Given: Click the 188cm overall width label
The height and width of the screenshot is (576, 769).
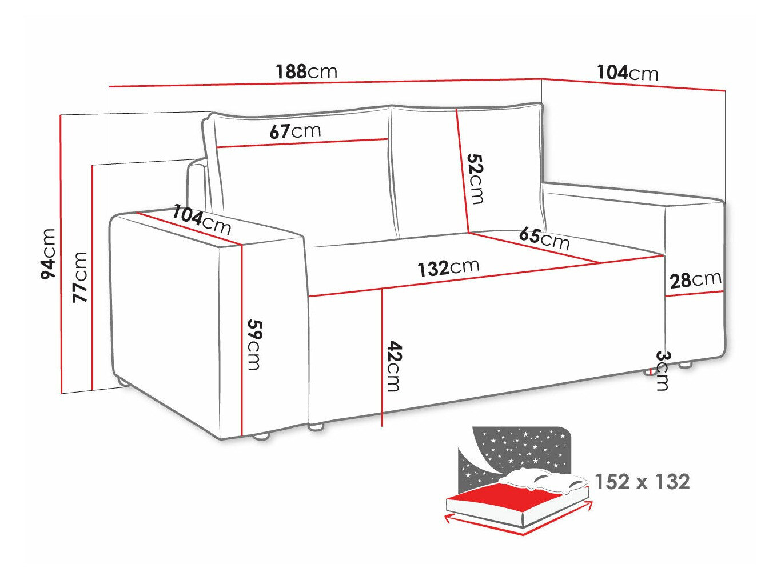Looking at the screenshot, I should click(x=306, y=71).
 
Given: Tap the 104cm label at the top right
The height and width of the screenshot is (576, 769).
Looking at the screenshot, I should click(x=628, y=73).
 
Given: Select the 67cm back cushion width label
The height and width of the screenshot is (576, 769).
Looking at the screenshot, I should click(x=295, y=131).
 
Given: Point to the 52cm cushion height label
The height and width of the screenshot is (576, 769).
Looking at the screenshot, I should click(x=475, y=178).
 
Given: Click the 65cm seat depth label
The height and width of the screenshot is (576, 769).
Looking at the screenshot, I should click(x=544, y=238).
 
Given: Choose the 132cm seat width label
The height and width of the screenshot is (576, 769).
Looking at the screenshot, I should click(x=448, y=267).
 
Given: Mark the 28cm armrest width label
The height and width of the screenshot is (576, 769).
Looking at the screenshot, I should click(x=695, y=279).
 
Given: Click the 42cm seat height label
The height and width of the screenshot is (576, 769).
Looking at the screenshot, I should click(x=393, y=366).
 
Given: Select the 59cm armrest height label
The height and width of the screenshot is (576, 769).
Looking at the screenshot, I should click(x=253, y=344).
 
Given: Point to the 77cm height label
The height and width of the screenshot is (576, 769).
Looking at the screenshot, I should click(x=79, y=277).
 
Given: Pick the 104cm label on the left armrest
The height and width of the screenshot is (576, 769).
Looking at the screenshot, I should click(x=202, y=219).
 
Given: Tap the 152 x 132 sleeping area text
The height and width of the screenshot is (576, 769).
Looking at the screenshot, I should click(x=642, y=482).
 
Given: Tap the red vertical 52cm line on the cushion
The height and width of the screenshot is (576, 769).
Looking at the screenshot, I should click(x=462, y=171).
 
